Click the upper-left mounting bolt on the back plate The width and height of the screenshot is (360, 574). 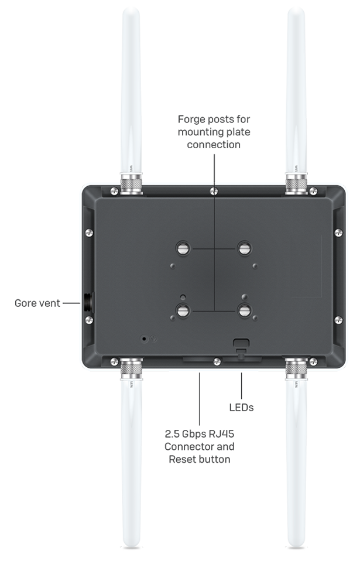pyautogui.click(x=183, y=248)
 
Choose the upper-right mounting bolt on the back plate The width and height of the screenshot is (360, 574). pyautogui.click(x=244, y=248)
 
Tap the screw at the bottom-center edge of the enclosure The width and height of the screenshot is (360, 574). pyautogui.click(x=217, y=361)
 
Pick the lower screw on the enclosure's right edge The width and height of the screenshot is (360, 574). pyautogui.click(x=338, y=319)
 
